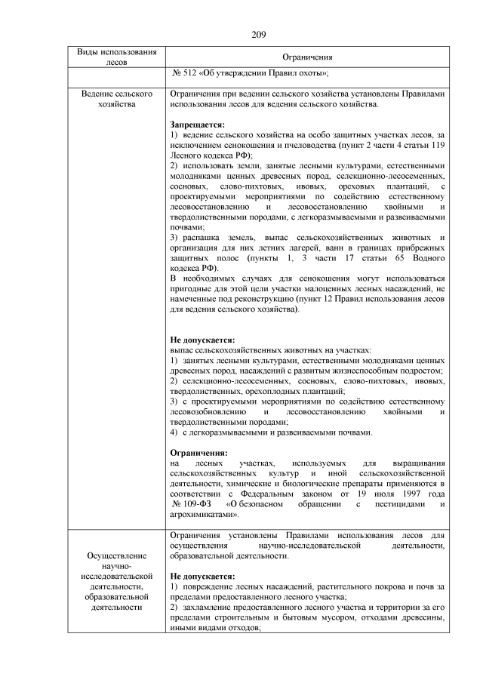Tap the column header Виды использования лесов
[x=117, y=57]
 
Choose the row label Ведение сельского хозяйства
[x=117, y=99]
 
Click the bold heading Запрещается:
[x=197, y=124]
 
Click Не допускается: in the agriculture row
[x=202, y=340]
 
